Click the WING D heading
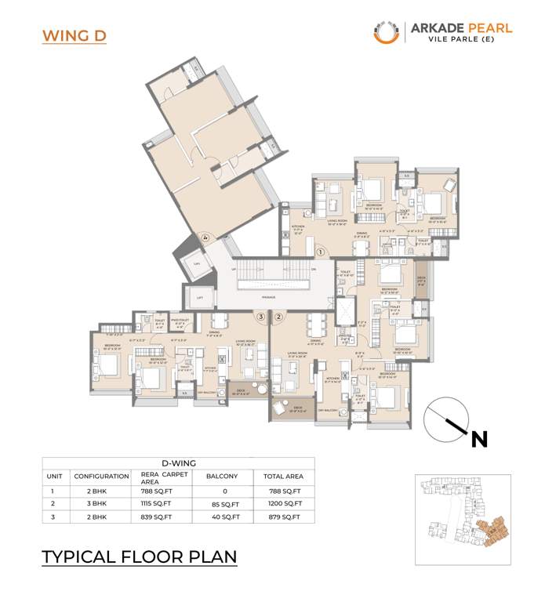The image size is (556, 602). [74, 36]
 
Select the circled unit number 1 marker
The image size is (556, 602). [322, 252]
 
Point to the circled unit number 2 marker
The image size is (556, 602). [278, 316]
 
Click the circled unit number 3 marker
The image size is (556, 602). [260, 316]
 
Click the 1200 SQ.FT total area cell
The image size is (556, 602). [283, 504]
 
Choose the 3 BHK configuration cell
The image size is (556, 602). [101, 504]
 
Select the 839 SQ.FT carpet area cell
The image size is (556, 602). [158, 517]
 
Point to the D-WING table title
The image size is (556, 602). [178, 462]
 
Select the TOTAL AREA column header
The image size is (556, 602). [283, 476]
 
